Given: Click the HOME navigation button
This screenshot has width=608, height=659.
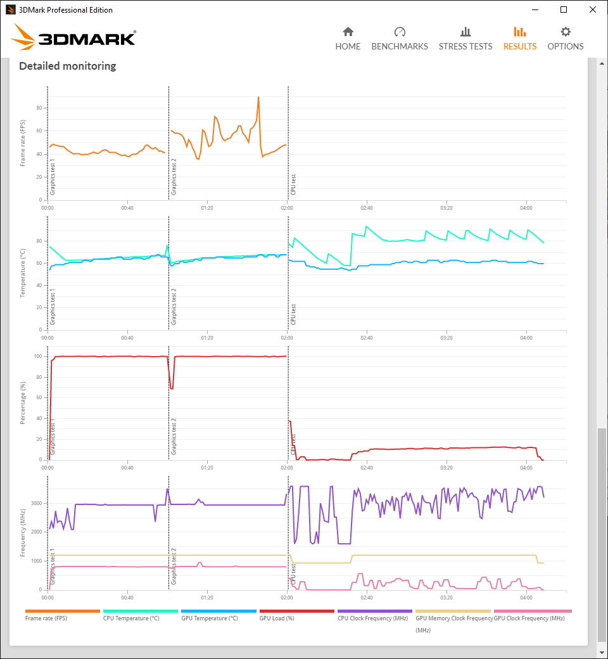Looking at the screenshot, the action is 348,39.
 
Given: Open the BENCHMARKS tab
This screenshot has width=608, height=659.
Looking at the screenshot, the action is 400,39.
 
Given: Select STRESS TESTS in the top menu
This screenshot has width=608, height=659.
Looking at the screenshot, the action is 465,39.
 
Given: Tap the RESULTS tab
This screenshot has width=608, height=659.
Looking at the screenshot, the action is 520,39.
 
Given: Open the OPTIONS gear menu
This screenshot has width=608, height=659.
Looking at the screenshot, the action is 565,39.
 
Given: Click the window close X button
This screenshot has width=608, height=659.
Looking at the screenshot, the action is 592,10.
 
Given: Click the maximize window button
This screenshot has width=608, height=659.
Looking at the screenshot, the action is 564,10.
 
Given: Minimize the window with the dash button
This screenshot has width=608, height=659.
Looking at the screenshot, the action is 535,10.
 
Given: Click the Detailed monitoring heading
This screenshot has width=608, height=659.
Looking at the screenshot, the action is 68,66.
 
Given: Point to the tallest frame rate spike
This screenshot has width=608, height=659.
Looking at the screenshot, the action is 258,97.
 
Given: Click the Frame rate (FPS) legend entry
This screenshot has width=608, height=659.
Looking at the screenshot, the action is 46,618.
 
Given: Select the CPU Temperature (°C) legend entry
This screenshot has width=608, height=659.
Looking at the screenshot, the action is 131,618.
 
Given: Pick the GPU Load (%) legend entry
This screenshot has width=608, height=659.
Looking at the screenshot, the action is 277,618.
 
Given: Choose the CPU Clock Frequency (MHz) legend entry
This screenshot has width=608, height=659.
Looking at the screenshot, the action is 372,618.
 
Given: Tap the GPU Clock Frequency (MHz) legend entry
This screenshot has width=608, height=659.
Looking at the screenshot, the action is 529,618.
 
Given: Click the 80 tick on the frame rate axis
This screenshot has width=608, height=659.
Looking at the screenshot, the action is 39,108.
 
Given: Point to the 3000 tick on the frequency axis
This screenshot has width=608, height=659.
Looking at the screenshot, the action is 37,503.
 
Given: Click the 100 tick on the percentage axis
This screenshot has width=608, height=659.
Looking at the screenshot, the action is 38,356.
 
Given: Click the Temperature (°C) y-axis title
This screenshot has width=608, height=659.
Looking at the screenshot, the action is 23,273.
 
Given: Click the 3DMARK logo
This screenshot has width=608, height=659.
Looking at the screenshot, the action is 73,37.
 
